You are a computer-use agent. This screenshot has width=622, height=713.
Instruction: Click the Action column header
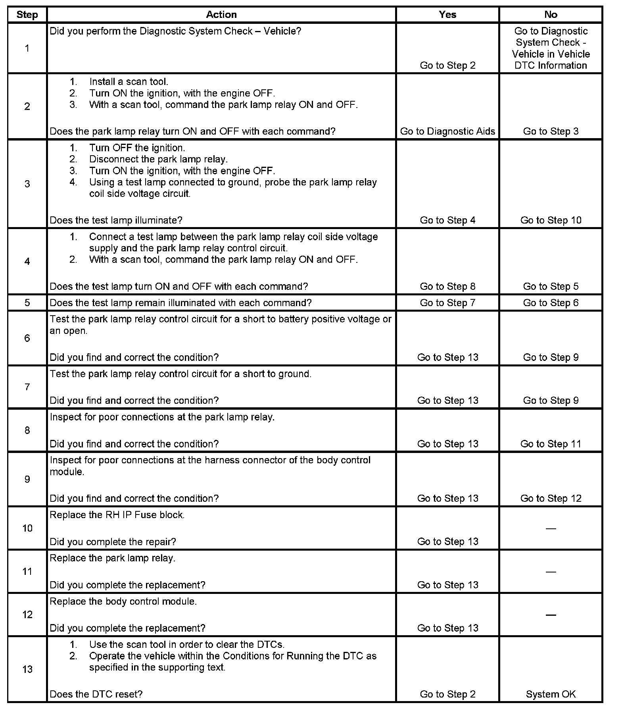pyautogui.click(x=221, y=15)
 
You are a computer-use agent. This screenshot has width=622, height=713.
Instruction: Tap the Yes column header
pyautogui.click(x=447, y=15)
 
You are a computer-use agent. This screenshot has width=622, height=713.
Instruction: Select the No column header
pyautogui.click(x=551, y=15)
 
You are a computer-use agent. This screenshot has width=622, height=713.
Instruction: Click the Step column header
pyautogui.click(x=27, y=15)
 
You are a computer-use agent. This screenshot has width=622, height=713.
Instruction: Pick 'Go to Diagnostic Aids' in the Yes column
pyautogui.click(x=447, y=131)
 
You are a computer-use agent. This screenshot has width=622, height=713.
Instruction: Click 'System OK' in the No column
pyautogui.click(x=551, y=694)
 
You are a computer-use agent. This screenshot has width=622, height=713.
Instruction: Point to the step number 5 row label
pyautogui.click(x=27, y=303)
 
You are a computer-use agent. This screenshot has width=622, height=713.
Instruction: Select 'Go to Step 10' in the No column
pyautogui.click(x=551, y=220)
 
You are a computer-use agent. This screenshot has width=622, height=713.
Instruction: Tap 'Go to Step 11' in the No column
pyautogui.click(x=551, y=444)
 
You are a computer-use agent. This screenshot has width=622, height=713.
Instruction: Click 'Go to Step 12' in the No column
pyautogui.click(x=551, y=498)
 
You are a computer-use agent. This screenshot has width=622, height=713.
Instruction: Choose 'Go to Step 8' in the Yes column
pyautogui.click(x=447, y=286)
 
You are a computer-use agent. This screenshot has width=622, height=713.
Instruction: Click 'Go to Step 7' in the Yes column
pyautogui.click(x=447, y=303)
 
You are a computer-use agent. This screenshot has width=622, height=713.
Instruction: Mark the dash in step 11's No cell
pyautogui.click(x=551, y=572)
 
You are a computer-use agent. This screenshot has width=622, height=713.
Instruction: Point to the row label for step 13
pyautogui.click(x=27, y=669)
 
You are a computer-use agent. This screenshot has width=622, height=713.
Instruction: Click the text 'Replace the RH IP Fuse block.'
pyautogui.click(x=117, y=515)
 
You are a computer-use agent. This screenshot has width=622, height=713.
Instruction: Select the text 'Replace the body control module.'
pyautogui.click(x=123, y=601)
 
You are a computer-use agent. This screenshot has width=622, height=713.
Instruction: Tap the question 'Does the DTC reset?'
pyautogui.click(x=96, y=694)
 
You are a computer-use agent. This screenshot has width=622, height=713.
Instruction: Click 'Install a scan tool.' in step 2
pyautogui.click(x=129, y=82)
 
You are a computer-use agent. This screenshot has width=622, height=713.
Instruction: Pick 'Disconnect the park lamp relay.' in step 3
pyautogui.click(x=158, y=159)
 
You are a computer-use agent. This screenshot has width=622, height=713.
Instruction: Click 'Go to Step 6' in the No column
pyautogui.click(x=551, y=303)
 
